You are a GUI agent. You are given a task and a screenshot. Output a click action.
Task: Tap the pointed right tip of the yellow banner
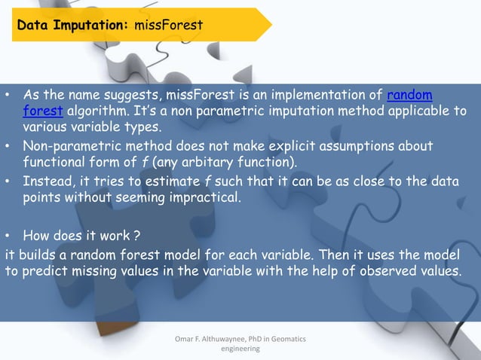(x=270, y=25)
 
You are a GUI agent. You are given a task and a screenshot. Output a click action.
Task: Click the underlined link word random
(x=409, y=96)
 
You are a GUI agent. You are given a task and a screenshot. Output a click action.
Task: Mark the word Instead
(x=47, y=182)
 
